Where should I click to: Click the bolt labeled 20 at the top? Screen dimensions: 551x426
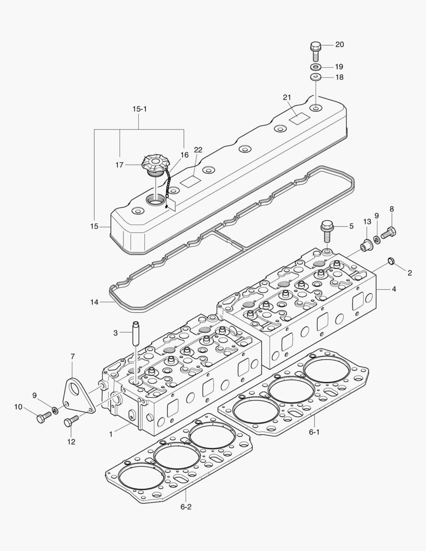click(x=315, y=49)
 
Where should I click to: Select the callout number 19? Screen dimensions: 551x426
click(x=339, y=67)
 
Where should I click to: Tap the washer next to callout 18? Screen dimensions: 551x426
click(x=315, y=78)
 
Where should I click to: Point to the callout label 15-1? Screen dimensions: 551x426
click(x=139, y=109)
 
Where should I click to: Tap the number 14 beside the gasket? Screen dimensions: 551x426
click(x=94, y=302)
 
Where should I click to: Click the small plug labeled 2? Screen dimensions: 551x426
click(x=391, y=262)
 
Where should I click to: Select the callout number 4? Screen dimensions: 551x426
click(x=394, y=289)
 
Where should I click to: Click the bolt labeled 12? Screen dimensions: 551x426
click(x=71, y=421)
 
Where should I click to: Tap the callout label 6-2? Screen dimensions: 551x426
click(x=186, y=507)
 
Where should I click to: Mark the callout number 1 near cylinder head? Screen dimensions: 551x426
click(x=111, y=434)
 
